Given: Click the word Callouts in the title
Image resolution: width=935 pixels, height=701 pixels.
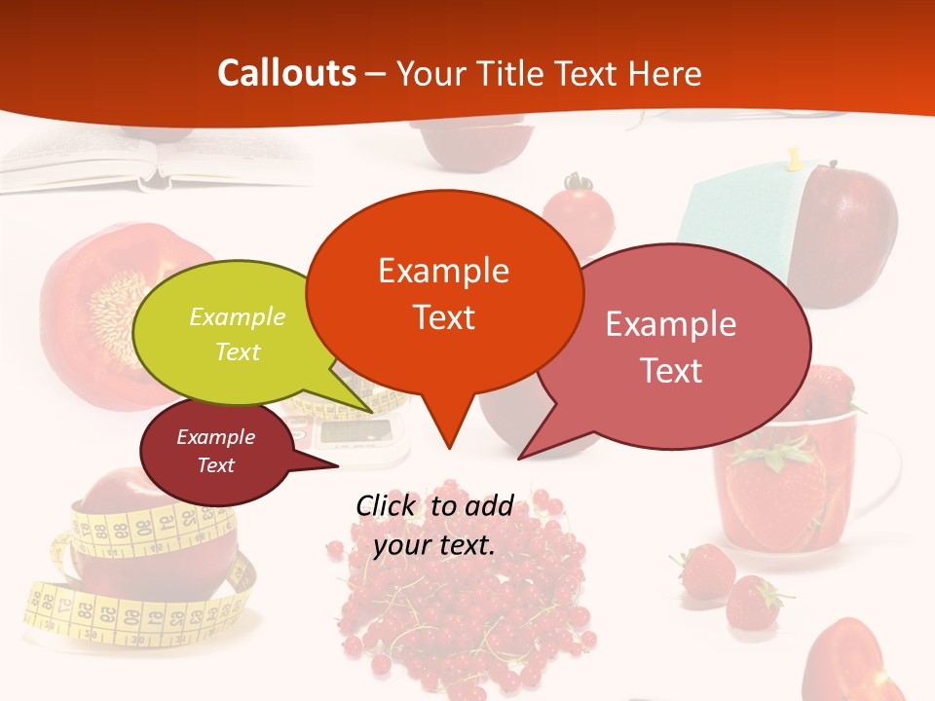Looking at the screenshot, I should pos(286,73).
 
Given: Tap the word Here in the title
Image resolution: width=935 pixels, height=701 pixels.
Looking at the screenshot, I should pos(664,73).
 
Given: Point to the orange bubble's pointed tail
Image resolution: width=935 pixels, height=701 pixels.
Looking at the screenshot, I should pos(448,428).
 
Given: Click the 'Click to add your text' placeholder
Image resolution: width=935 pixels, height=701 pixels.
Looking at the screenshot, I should pos(434,526).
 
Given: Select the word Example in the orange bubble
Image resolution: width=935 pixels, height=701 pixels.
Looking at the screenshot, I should pos(444,270).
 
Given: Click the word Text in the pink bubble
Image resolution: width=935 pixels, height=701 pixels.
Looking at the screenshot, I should pos(671,370).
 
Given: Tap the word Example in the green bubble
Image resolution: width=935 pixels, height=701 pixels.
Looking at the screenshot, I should pos(238,317).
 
